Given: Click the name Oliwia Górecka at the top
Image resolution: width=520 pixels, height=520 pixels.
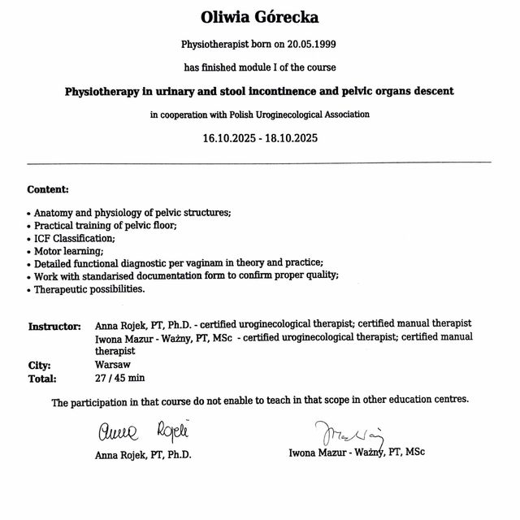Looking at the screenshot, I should [260, 17].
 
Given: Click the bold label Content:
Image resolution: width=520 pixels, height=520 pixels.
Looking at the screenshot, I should [48, 189].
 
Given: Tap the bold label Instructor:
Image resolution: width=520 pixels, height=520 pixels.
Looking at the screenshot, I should [54, 327].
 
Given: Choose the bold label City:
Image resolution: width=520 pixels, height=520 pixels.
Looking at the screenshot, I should [40, 366].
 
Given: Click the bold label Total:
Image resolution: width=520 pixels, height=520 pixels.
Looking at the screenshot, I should [42, 379].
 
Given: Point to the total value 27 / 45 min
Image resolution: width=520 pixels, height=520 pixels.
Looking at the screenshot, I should [120, 378].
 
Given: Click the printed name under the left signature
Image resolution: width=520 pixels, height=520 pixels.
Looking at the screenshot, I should [144, 455].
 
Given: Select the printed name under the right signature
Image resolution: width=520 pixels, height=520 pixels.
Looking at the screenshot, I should [356, 452].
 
